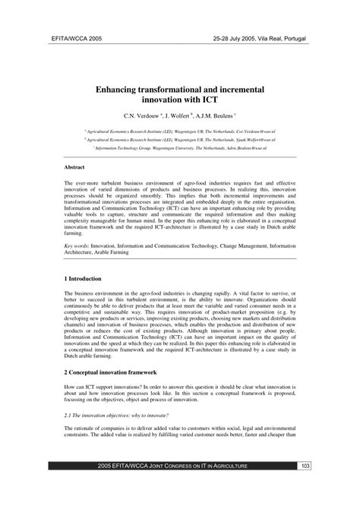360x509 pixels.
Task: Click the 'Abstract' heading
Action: click(74, 166)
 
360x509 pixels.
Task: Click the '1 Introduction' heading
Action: click(87, 279)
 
